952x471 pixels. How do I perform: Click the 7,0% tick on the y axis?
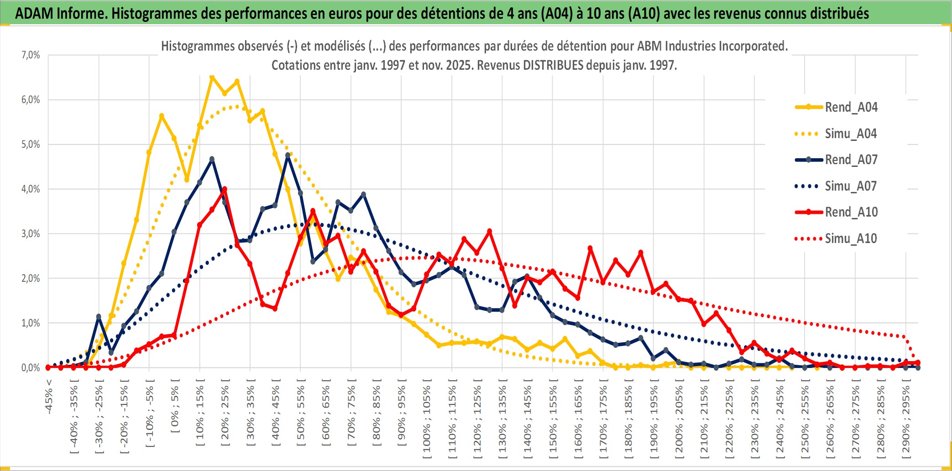click(x=31, y=55)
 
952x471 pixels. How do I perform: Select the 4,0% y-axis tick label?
click(x=31, y=189)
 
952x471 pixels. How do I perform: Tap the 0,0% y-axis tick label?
click(x=31, y=367)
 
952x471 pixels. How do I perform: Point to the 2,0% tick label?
click(x=31, y=278)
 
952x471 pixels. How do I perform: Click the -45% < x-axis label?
click(x=49, y=397)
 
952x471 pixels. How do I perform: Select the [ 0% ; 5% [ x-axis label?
click(x=175, y=406)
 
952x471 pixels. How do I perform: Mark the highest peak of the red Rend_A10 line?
click(x=224, y=189)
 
